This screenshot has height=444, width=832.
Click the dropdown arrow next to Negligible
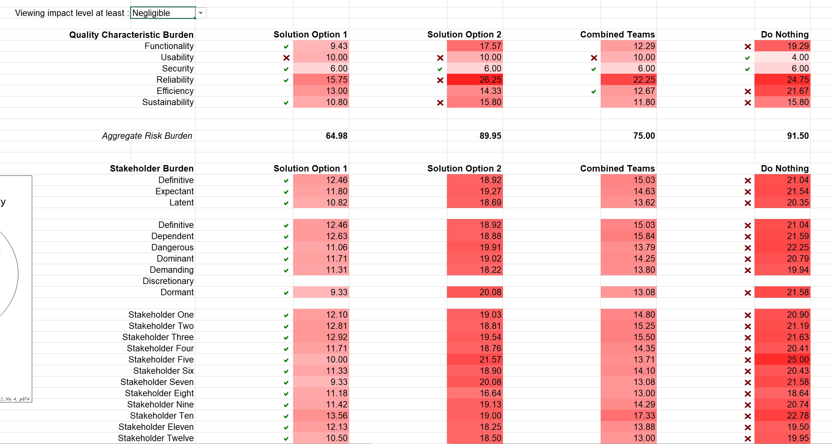[x=201, y=13]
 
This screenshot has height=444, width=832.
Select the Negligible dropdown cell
[x=162, y=13]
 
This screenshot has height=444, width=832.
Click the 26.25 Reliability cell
[x=474, y=80]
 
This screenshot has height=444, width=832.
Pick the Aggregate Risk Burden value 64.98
[x=336, y=136]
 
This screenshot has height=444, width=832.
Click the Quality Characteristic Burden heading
[x=131, y=35]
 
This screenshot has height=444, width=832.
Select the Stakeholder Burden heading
[x=152, y=168]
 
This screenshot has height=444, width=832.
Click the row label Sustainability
[x=168, y=102]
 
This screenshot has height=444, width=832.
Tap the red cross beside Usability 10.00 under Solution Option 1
[x=286, y=58]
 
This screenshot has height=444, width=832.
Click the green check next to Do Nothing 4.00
[x=747, y=58]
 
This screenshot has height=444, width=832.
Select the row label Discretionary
[x=168, y=281]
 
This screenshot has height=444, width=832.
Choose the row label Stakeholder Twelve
[x=156, y=438]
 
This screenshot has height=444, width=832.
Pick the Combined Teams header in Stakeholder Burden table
[x=617, y=168]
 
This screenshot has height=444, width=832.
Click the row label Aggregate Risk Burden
[x=147, y=136]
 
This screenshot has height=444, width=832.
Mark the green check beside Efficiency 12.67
[x=594, y=91]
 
